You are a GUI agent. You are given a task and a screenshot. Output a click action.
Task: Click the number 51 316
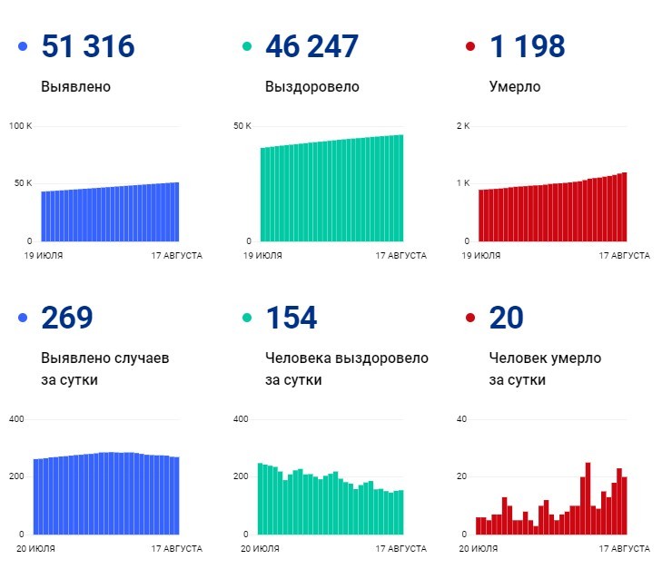(88, 46)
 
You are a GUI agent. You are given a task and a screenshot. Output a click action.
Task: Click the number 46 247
(311, 46)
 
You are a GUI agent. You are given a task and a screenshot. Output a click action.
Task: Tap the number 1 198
(527, 46)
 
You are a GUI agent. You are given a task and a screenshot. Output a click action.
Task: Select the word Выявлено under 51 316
(75, 87)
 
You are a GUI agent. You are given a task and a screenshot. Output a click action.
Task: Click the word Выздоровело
(311, 87)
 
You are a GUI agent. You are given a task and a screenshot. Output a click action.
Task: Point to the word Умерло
(514, 87)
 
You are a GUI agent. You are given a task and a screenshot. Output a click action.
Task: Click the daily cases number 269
(67, 318)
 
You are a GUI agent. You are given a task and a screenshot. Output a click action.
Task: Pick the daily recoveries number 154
(291, 318)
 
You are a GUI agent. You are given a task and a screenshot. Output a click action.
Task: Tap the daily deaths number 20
(507, 318)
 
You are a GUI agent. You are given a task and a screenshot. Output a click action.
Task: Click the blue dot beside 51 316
(23, 46)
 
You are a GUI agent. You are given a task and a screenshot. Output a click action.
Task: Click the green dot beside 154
(246, 318)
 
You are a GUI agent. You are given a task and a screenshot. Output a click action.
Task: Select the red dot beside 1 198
(469, 46)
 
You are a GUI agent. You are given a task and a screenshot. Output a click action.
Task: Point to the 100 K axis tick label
(20, 125)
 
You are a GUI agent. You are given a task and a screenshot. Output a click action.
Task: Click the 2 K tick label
(462, 125)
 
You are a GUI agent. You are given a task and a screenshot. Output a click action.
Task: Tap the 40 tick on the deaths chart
(460, 418)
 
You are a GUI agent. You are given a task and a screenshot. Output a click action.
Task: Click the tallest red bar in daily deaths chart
(588, 499)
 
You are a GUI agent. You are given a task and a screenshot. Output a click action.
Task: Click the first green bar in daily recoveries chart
(261, 499)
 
